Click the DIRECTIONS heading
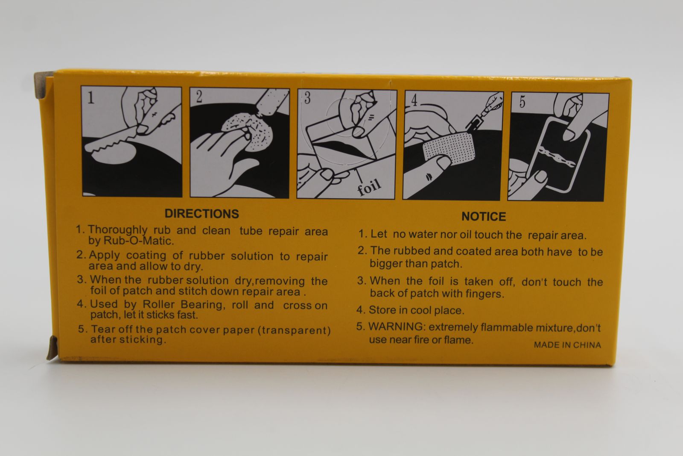point(201,214)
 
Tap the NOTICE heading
point(484,216)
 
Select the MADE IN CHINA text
point(567,345)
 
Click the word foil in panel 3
point(369,187)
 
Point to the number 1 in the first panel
point(91,97)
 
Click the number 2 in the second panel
point(199,97)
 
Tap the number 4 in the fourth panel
point(414,100)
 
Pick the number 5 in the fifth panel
point(522,102)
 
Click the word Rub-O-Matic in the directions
point(139,241)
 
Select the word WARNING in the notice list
point(397,327)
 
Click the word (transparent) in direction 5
point(294,330)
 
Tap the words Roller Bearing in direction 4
point(184,304)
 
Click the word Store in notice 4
point(382,310)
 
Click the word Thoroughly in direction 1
point(118,230)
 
